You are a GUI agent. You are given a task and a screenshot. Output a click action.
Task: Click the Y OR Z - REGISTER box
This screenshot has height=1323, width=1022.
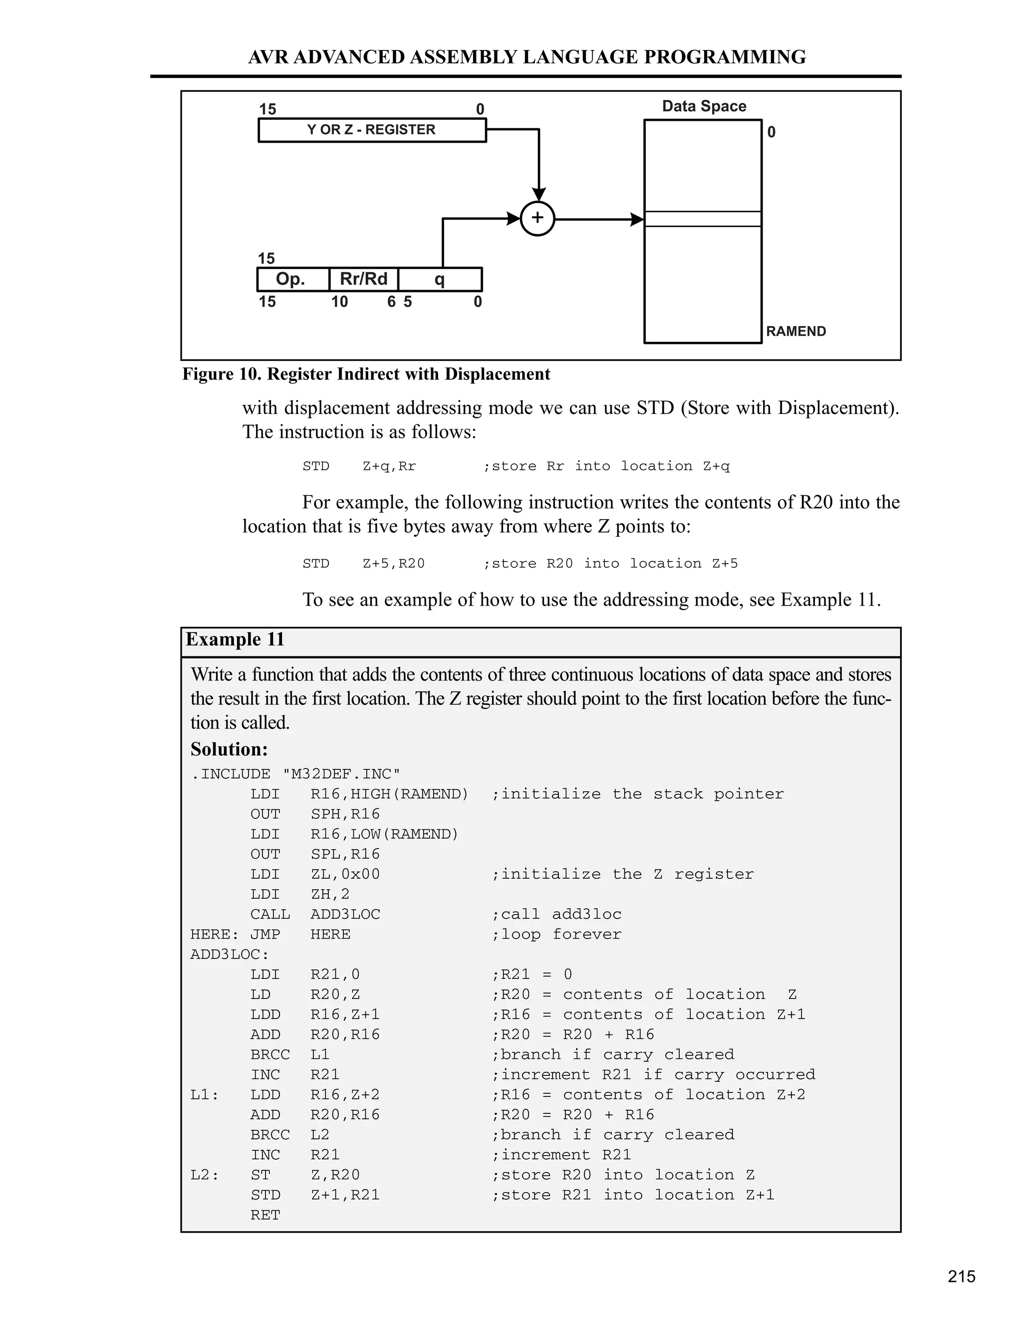point(372,130)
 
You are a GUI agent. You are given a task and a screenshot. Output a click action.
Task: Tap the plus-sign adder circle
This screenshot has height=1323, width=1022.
point(537,219)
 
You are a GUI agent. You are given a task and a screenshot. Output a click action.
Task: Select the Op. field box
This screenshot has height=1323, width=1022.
point(292,279)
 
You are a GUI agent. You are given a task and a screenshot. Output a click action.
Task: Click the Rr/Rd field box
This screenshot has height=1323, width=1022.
point(363,279)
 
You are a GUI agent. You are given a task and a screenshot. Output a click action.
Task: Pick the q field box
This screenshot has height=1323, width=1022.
point(440,279)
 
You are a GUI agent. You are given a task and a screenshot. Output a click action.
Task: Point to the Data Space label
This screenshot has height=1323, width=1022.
point(704,107)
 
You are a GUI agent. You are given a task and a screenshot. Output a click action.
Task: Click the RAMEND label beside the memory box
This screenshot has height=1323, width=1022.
point(795,331)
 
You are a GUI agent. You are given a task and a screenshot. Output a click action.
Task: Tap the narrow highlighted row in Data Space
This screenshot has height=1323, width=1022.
point(702,219)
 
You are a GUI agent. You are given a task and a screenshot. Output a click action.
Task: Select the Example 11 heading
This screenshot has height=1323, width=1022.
point(235,640)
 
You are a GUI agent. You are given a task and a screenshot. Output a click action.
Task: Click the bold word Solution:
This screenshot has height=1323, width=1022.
point(229,749)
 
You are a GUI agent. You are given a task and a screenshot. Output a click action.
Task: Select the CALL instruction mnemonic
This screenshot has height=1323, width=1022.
point(270,914)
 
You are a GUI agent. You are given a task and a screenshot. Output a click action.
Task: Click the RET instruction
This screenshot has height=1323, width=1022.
point(265,1215)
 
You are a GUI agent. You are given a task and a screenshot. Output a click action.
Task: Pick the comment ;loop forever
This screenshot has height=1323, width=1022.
point(556,934)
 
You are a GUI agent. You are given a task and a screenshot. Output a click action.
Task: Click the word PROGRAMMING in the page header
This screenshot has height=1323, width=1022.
point(725,57)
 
